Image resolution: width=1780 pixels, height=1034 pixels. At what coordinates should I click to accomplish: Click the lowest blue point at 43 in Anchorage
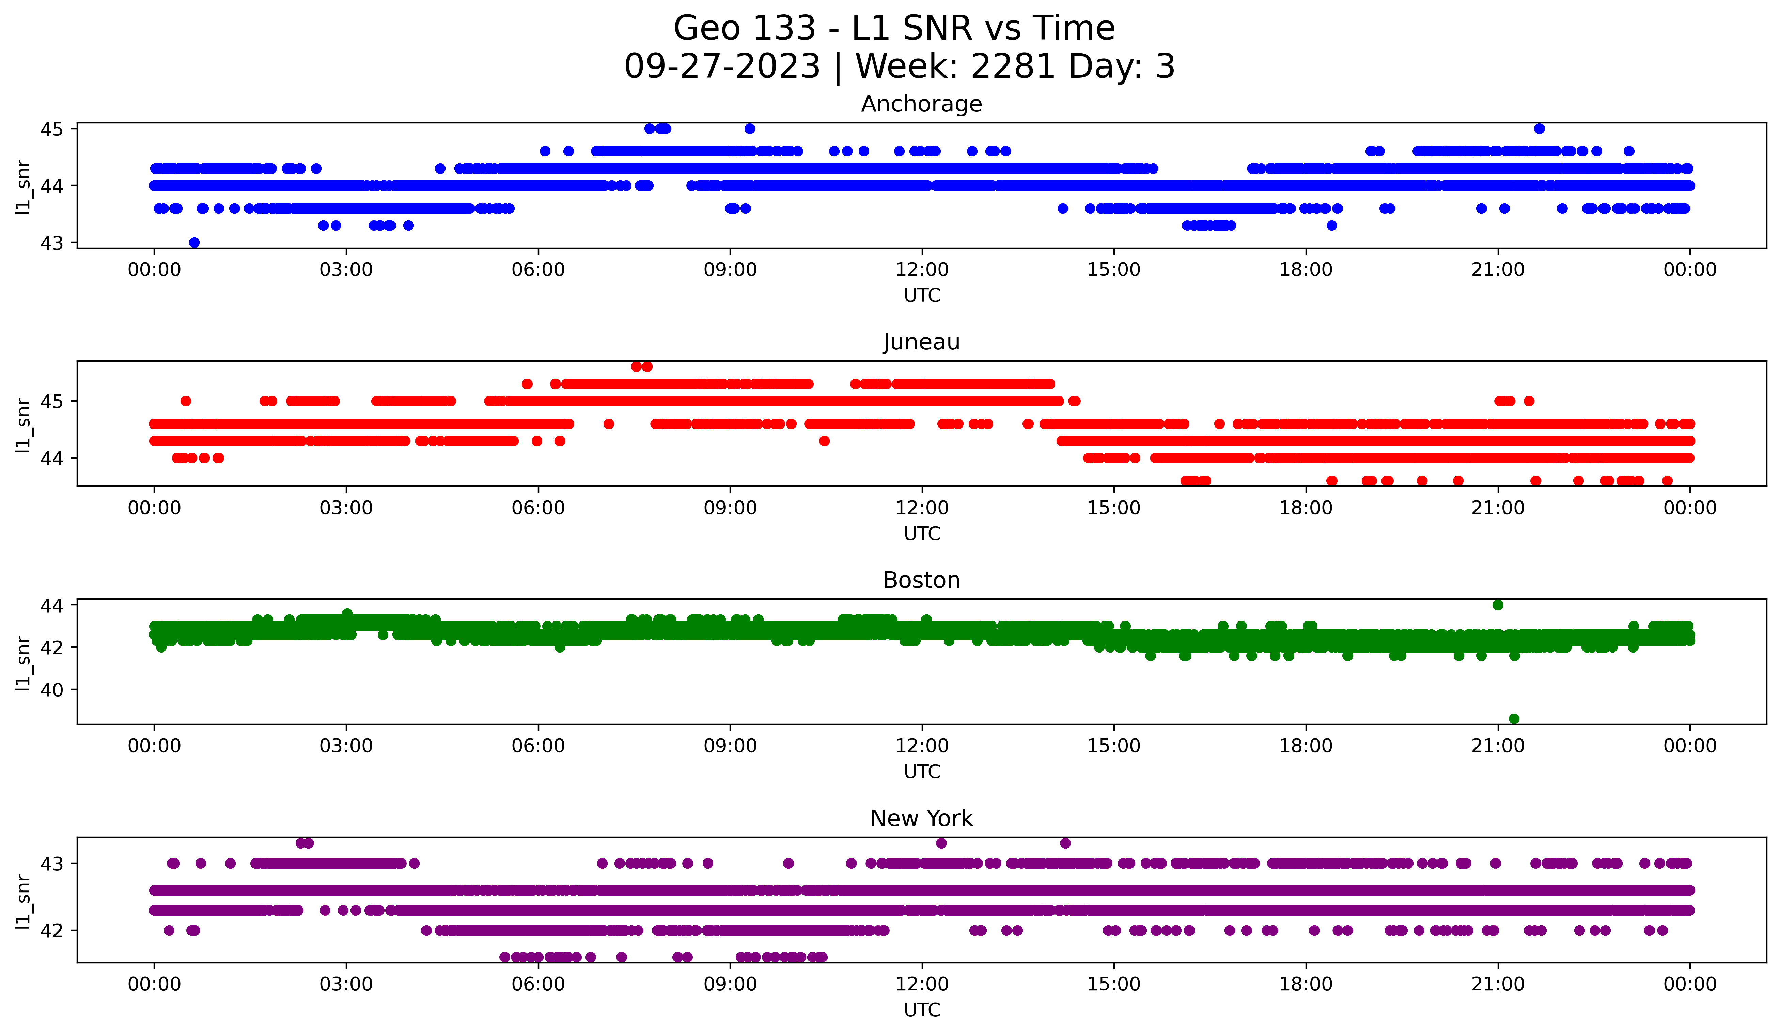click(194, 242)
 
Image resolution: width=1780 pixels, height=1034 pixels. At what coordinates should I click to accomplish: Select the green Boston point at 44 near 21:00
click(1497, 605)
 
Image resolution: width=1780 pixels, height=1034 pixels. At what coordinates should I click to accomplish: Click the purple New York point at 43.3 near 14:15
click(1065, 843)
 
